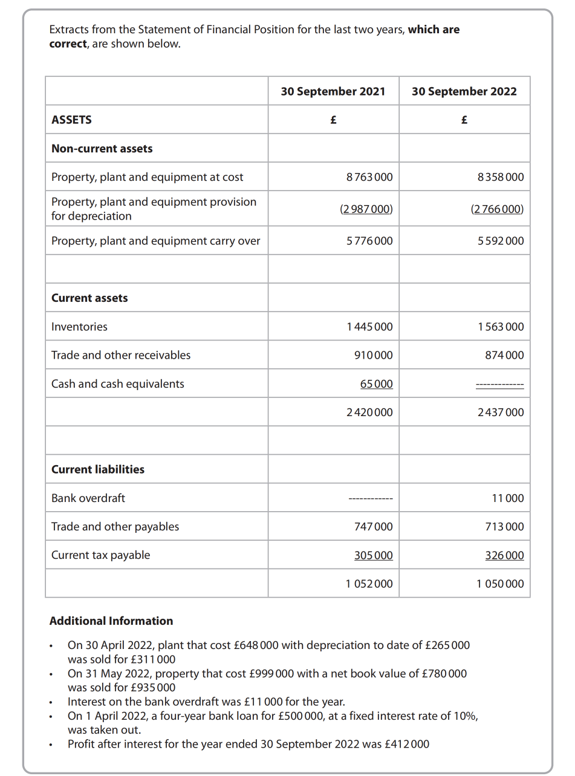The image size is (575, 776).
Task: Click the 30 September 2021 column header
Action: point(333,91)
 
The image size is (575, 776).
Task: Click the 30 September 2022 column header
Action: point(464,91)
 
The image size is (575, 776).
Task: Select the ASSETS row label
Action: point(71,120)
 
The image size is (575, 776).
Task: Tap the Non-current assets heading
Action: point(102,149)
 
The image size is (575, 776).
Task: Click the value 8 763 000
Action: point(369,177)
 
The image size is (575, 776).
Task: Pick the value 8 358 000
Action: point(500,177)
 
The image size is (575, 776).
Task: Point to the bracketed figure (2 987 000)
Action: point(366,209)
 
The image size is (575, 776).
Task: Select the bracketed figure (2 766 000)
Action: point(497,209)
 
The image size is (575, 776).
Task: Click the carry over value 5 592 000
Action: point(500,241)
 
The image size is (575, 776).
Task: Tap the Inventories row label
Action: point(79,327)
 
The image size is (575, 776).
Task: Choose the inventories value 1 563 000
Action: point(500,327)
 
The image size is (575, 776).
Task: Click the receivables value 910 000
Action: point(373,355)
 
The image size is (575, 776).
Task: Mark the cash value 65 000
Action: point(376,384)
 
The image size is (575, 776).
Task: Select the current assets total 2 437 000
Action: point(500,412)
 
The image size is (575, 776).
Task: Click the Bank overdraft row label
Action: point(88,498)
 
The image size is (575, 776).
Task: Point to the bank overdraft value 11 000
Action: point(508,498)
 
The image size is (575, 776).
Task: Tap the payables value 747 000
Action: point(373,527)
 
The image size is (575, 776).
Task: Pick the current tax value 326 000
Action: point(504,555)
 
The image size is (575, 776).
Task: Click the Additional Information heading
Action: point(111,621)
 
